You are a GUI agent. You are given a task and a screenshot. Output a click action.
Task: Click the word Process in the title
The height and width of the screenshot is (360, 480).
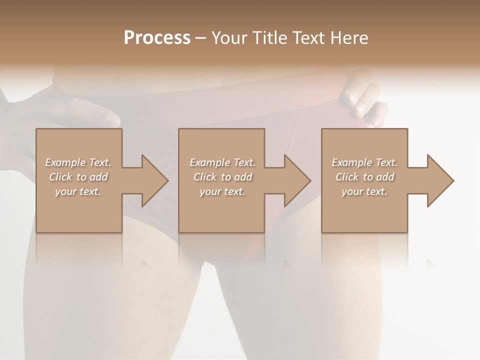(157, 38)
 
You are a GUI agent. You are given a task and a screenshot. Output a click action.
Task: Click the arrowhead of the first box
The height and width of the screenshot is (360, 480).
(153, 180)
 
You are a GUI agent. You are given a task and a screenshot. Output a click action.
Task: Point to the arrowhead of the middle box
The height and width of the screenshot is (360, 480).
(295, 180)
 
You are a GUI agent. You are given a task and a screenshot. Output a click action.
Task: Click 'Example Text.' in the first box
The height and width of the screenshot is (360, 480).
(78, 162)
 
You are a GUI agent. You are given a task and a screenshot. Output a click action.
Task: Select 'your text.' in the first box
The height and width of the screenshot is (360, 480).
(78, 191)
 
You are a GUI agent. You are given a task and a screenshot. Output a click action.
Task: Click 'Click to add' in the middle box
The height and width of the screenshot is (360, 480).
(222, 177)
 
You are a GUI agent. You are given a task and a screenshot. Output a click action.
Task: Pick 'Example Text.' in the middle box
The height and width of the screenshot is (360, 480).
(222, 162)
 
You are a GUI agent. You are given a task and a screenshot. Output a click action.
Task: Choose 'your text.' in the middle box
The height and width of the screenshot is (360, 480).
(222, 191)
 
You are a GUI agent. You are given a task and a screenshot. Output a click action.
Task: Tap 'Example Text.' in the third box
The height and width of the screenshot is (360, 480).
(364, 162)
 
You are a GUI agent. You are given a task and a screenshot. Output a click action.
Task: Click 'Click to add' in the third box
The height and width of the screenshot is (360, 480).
(364, 177)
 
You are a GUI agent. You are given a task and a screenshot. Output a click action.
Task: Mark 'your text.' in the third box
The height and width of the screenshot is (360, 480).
(364, 191)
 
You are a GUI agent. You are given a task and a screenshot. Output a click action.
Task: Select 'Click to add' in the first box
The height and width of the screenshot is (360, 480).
(78, 177)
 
